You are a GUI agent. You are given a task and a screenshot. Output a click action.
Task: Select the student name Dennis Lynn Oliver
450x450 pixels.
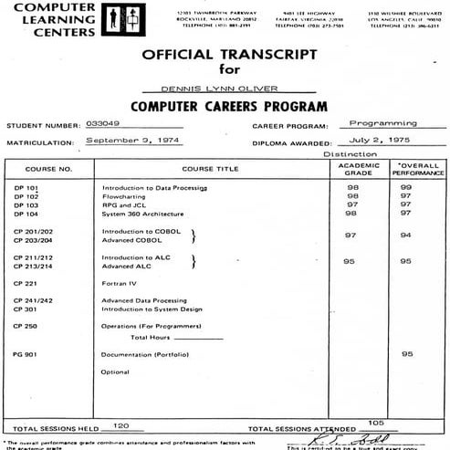pyautogui.click(x=225, y=89)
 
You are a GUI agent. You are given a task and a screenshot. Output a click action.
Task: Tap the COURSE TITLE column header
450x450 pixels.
pyautogui.click(x=209, y=169)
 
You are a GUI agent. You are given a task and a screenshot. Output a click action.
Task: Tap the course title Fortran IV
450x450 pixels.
pyautogui.click(x=118, y=284)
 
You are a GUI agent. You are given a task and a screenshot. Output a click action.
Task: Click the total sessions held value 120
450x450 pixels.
pyautogui.click(x=120, y=425)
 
